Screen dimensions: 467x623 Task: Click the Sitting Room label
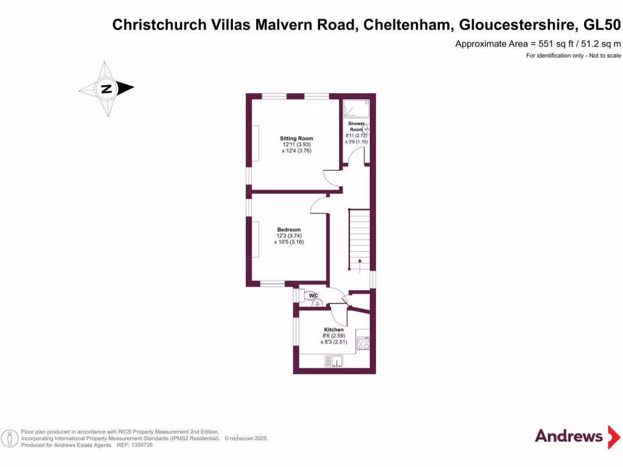(296, 139)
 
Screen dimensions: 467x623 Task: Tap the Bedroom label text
(289, 229)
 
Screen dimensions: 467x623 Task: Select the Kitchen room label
(333, 330)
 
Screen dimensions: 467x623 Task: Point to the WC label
(314, 296)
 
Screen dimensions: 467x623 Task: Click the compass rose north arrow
(107, 89)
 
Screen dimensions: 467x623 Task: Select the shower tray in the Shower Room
(357, 108)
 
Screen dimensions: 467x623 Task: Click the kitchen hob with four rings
(363, 344)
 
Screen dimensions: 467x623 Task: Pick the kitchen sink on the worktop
(334, 362)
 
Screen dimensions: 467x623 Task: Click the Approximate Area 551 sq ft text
(538, 44)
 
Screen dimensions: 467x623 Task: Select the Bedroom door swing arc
(319, 206)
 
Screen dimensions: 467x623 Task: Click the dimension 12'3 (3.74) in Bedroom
(288, 235)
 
